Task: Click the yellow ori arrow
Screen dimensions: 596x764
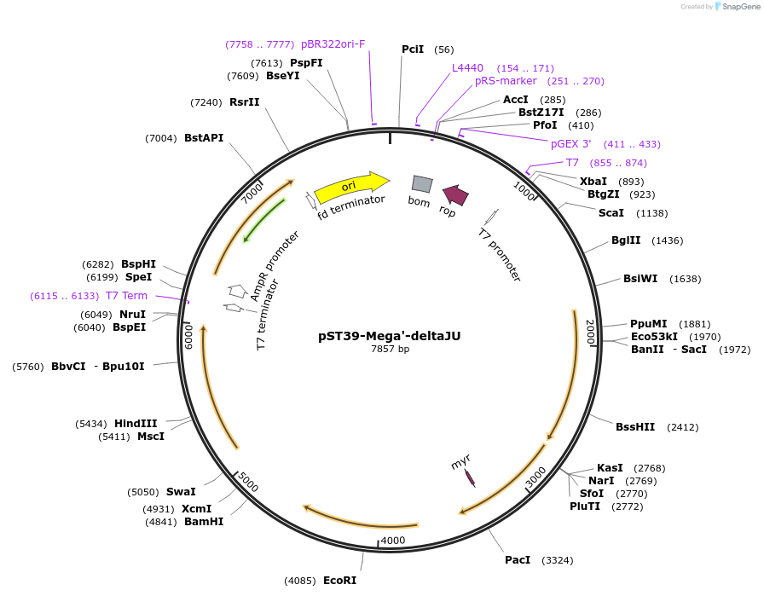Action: (350, 187)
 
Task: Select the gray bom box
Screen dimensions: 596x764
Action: (422, 183)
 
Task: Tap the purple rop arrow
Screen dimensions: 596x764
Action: (455, 195)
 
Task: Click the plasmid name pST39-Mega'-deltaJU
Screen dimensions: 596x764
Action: (389, 336)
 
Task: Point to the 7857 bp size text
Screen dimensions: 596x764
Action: (390, 350)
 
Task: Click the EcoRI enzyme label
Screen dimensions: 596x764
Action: (339, 581)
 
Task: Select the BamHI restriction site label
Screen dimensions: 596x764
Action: (204, 522)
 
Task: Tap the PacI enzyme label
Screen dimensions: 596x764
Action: (518, 560)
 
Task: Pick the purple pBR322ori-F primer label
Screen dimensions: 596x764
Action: (333, 43)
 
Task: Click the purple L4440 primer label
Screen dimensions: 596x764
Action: (467, 67)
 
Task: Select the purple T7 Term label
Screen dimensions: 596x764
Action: (126, 296)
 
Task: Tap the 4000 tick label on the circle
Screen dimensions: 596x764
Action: (393, 541)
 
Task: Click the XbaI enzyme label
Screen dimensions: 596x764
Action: (593, 181)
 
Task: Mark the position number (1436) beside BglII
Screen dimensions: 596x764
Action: (667, 240)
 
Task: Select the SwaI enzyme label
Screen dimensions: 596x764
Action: (181, 492)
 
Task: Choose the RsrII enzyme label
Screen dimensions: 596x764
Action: (245, 102)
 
